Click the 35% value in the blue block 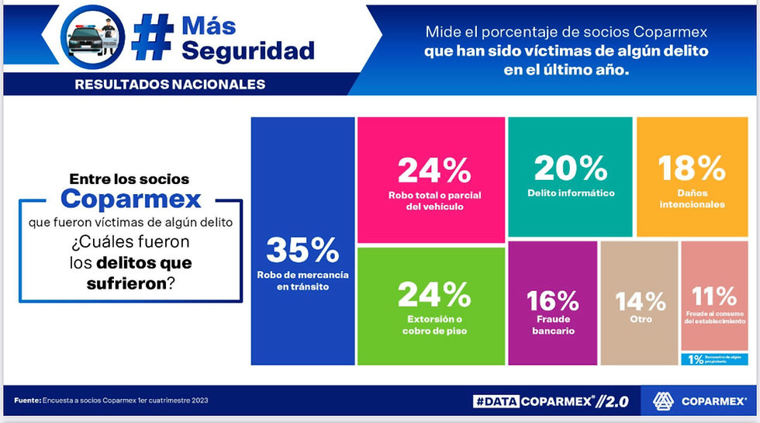(302, 250)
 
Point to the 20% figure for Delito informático (570, 167)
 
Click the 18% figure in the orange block (692, 167)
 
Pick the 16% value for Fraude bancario (553, 300)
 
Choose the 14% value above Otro (641, 300)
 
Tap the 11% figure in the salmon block (715, 295)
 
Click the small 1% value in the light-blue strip (696, 359)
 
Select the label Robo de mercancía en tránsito (302, 281)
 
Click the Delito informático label (570, 193)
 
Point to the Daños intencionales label (692, 199)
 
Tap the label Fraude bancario (553, 324)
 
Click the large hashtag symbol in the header (152, 37)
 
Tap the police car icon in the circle (93, 37)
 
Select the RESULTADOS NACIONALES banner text (170, 84)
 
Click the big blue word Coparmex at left (131, 199)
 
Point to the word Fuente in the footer (27, 400)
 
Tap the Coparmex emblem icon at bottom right (664, 400)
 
